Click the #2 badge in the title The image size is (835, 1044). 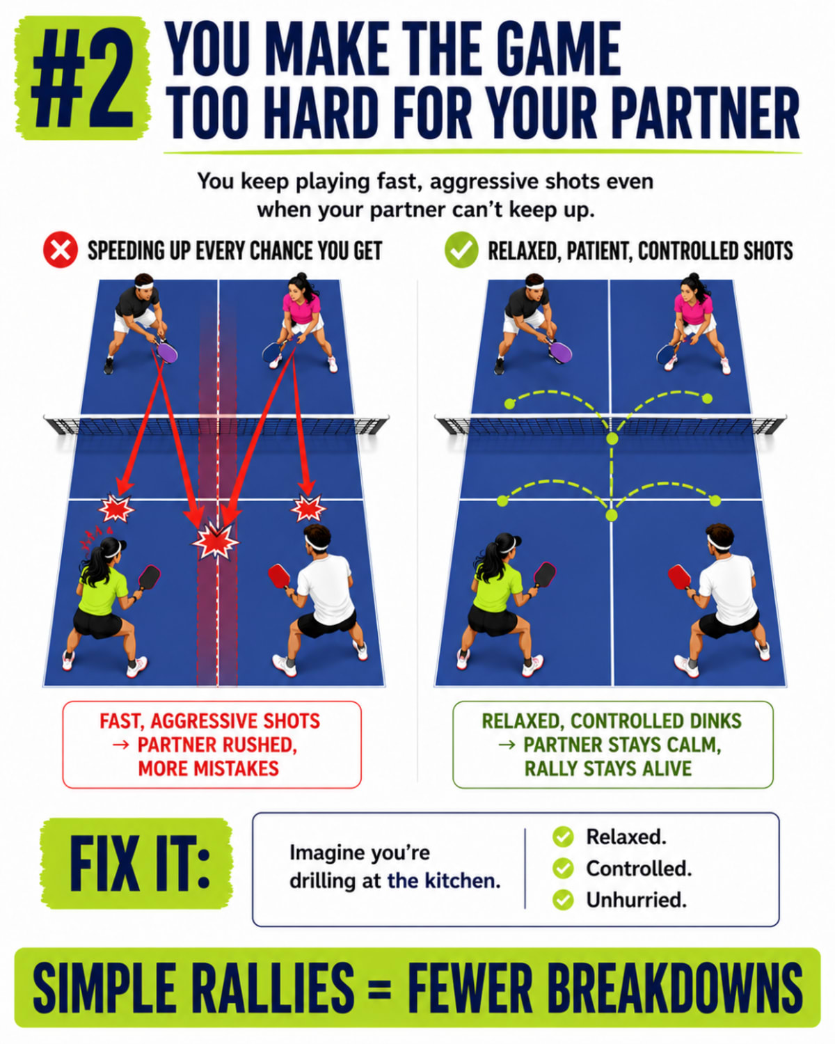83,79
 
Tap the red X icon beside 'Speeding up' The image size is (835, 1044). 60,251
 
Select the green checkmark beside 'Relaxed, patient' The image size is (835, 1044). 461,251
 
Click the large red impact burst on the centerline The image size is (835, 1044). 216,541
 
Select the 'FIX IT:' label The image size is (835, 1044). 137,864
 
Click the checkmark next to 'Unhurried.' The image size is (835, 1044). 563,900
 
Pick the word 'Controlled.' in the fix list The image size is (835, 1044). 639,869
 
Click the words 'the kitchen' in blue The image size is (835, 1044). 443,881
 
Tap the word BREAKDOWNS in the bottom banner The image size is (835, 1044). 605,989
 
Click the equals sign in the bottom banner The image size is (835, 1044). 379,989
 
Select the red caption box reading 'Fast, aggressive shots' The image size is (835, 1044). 212,745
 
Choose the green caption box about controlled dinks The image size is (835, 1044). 613,745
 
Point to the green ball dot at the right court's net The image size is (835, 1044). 612,439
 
